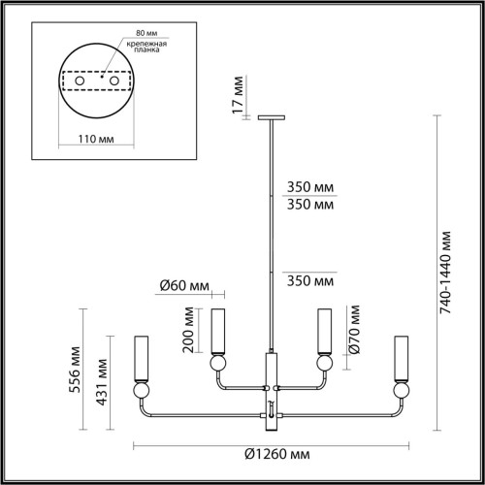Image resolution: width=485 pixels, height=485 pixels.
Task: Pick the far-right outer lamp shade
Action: click(x=400, y=354)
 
